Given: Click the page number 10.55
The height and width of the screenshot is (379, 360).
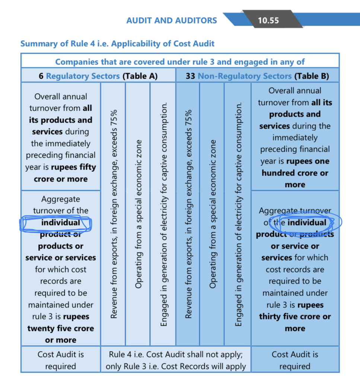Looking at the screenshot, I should coord(268,20).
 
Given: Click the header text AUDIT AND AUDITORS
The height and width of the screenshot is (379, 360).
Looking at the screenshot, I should coord(172,20).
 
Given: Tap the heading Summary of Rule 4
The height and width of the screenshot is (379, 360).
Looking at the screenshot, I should coord(117,44).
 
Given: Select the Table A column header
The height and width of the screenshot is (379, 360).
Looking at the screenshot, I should coord(98,76).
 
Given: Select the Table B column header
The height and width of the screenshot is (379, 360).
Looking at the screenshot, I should coord(257,76).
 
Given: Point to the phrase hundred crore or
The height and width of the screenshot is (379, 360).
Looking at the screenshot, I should coord(295,173).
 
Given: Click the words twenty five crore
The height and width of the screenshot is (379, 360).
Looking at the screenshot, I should coord(60,328).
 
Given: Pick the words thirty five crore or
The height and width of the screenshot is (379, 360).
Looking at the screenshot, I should coord(295,317).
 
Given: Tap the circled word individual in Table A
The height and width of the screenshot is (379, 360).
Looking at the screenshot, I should coord(60,223).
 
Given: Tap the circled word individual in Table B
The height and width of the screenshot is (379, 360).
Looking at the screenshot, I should coord(306,223).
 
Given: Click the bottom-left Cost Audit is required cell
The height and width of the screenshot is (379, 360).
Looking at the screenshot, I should coord(60,360).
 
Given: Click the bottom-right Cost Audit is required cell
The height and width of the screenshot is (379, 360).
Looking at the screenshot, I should coord(295,360).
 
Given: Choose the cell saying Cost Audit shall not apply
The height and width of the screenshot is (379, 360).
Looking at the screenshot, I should coord(176,360).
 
